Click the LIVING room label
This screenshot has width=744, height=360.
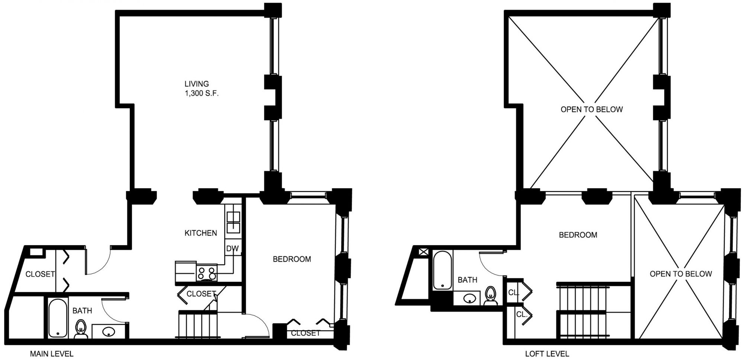point(196,84)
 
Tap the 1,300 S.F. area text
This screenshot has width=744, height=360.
point(202,93)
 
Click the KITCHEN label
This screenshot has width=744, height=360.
point(201,233)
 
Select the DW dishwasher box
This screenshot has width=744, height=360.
point(232,249)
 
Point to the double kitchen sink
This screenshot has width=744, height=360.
point(233,222)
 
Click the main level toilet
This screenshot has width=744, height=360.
point(81,330)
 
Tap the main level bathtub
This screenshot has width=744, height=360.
point(58,318)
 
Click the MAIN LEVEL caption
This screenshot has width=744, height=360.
point(52,354)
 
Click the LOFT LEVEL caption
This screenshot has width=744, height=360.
point(547,354)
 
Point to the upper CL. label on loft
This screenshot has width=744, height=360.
point(514,293)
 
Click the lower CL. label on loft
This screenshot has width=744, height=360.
point(522,314)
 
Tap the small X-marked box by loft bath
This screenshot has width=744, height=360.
point(424,252)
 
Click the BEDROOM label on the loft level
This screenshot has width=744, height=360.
point(578,235)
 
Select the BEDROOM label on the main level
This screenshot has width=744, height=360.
point(292,259)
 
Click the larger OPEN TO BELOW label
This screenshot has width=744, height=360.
point(591,109)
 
